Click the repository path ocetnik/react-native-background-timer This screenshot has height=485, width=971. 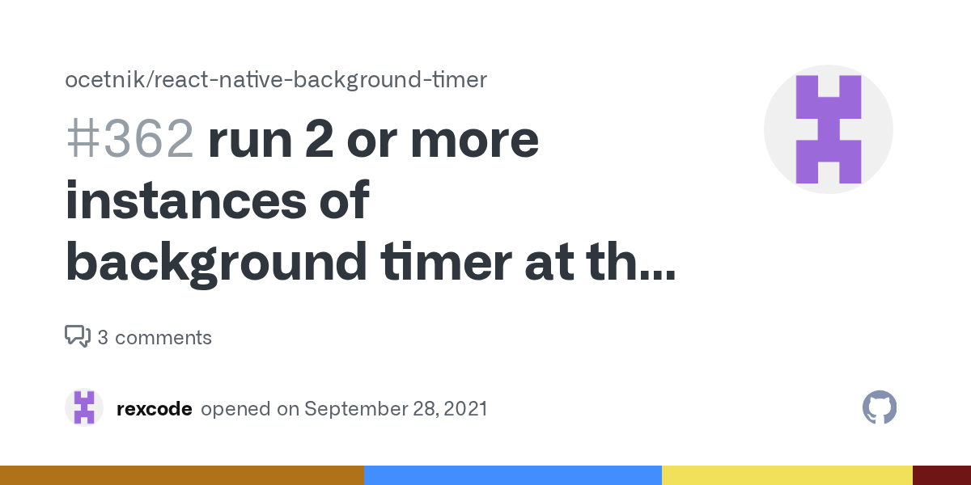[276, 80]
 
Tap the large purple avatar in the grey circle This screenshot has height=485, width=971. [829, 129]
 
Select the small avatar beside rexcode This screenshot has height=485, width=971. [84, 407]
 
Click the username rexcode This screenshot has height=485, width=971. [155, 409]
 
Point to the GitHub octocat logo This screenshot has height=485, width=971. [880, 407]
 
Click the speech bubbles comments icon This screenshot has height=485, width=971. [78, 336]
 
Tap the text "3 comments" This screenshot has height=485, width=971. [155, 337]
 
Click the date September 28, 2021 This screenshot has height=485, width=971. [396, 409]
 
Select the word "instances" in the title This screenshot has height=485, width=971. [186, 200]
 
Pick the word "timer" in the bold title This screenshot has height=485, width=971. [446, 262]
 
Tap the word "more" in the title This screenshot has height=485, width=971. [475, 140]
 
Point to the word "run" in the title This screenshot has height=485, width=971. [250, 141]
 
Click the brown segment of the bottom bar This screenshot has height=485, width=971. [182, 475]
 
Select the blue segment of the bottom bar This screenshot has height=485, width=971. [513, 475]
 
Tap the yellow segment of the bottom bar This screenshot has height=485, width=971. [787, 475]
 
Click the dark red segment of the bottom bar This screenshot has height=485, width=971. [942, 475]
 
